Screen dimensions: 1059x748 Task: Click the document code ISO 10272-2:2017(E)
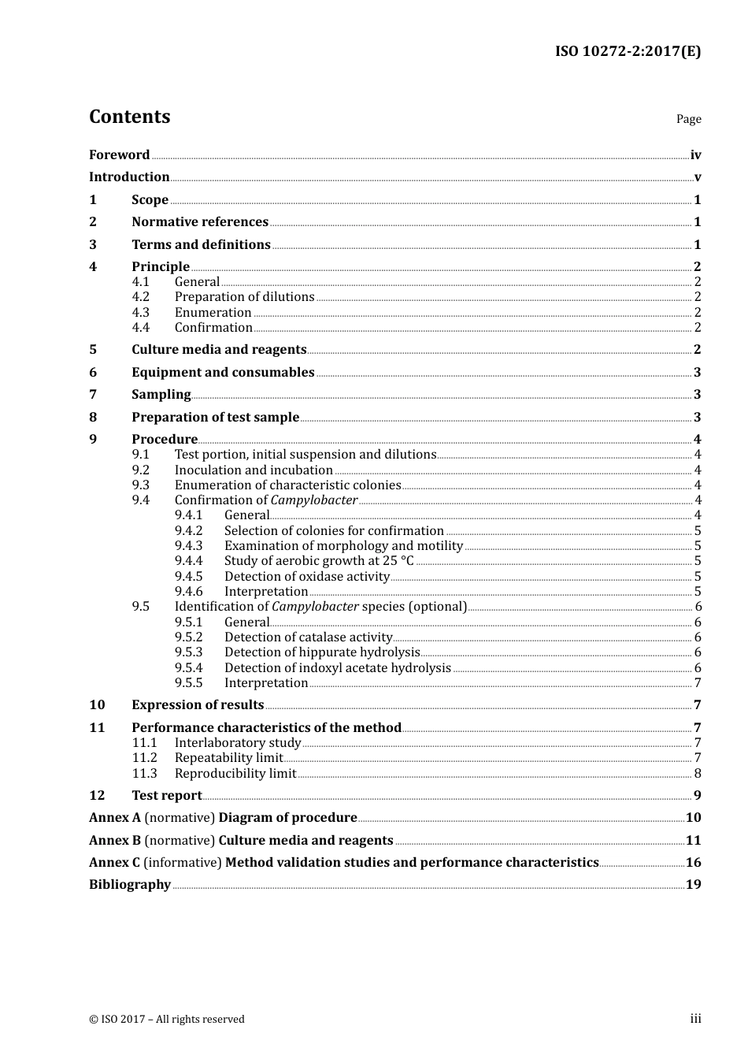[628, 52]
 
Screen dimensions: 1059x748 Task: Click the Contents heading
[129, 117]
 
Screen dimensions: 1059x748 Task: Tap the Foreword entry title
[119, 155]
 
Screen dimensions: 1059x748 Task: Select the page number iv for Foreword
[695, 155]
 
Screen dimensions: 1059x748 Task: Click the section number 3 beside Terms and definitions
[93, 245]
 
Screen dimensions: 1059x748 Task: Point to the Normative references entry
[200, 222]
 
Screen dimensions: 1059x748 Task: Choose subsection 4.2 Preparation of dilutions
[244, 297]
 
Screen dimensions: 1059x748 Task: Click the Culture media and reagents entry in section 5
[219, 350]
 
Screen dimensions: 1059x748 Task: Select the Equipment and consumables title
[223, 373]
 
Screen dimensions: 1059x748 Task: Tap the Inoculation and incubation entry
[254, 470]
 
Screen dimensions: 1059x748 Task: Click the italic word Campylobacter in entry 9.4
[314, 500]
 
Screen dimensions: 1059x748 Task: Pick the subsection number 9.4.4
[188, 561]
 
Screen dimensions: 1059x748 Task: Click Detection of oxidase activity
[306, 577]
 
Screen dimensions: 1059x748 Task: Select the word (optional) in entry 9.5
[437, 607]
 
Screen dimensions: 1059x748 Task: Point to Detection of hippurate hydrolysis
[322, 652]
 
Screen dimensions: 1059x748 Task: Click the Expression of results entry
[198, 705]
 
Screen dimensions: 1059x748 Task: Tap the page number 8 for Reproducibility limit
[698, 774]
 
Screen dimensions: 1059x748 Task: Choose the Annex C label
[115, 863]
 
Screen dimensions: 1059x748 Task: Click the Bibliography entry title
[130, 885]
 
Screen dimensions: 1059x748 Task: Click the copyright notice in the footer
[167, 1020]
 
